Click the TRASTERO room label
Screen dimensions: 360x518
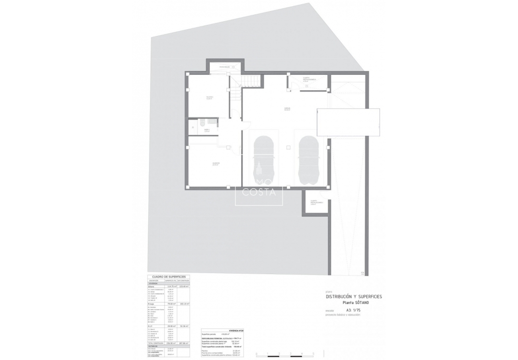(x=210, y=97)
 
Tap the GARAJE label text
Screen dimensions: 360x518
(x=287, y=109)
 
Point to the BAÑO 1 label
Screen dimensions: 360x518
(x=207, y=130)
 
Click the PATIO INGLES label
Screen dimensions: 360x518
(x=225, y=67)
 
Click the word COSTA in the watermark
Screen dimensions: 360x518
(x=259, y=192)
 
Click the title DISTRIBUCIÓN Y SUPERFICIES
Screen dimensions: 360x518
(x=354, y=297)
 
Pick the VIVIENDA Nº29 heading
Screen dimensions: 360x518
(x=238, y=331)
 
